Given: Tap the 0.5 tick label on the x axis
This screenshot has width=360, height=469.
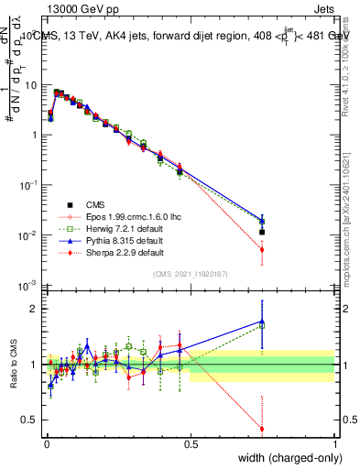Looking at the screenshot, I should (191, 443).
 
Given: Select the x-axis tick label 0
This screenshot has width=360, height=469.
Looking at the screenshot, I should (46, 443).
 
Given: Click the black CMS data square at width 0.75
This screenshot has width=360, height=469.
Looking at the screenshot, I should (262, 232).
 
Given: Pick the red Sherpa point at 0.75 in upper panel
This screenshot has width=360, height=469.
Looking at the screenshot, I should (262, 249).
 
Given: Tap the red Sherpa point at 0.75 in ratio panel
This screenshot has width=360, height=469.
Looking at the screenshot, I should (262, 429).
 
